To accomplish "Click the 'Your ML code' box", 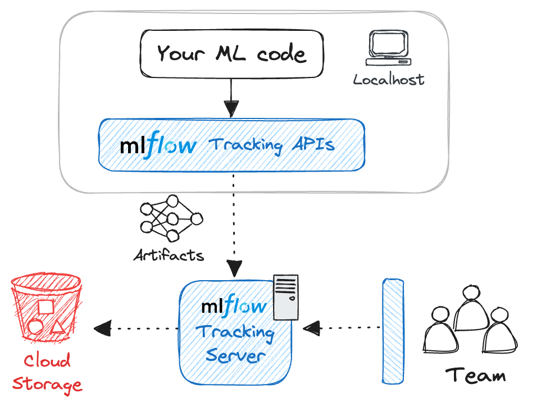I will coord(231,54).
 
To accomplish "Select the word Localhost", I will coord(389,80).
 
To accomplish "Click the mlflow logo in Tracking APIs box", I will coord(158,145).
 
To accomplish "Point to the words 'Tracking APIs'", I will coord(271,145).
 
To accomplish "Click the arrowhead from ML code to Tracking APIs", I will coord(231,108).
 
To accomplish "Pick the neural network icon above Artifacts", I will coord(170,218).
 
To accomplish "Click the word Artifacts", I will coord(169,256).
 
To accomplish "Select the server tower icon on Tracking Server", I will coord(286,296).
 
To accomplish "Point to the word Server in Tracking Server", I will coord(234,355).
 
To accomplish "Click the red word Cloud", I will coord(47,360).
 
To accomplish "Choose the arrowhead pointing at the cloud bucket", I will coord(102,328).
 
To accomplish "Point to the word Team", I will coord(475,374).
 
